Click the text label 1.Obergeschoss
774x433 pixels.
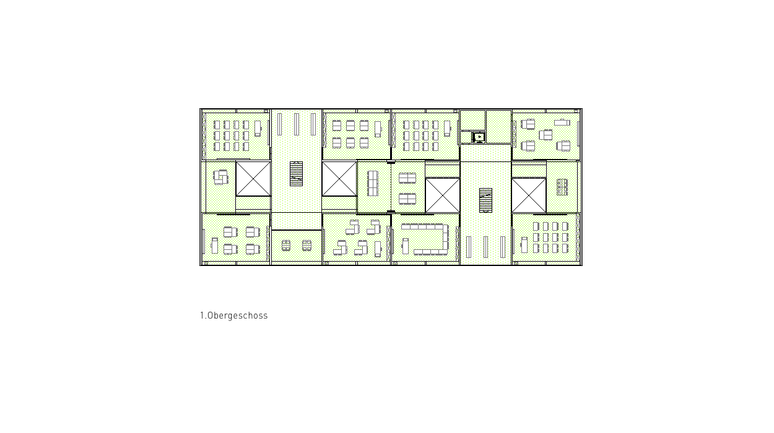click(x=234, y=315)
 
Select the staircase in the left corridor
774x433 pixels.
click(x=296, y=174)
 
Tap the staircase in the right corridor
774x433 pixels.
click(x=485, y=200)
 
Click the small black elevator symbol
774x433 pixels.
click(x=479, y=137)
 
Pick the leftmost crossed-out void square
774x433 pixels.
click(x=253, y=179)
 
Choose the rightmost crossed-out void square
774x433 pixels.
click(x=529, y=195)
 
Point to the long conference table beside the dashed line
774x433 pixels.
click(x=373, y=183)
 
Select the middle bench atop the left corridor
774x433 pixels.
click(x=297, y=124)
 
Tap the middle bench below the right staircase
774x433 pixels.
click(x=485, y=247)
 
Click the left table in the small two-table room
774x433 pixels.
click(x=285, y=246)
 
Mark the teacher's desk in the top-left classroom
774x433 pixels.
click(x=258, y=129)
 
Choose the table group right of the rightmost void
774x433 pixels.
click(x=562, y=187)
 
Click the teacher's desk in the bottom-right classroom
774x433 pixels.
click(x=524, y=245)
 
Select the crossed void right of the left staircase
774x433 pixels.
click(x=339, y=179)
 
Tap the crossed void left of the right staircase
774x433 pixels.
click(x=443, y=195)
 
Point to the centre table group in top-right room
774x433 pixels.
click(x=546, y=135)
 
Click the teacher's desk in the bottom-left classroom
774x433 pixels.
click(x=215, y=246)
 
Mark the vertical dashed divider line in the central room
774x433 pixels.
click(x=391, y=187)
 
